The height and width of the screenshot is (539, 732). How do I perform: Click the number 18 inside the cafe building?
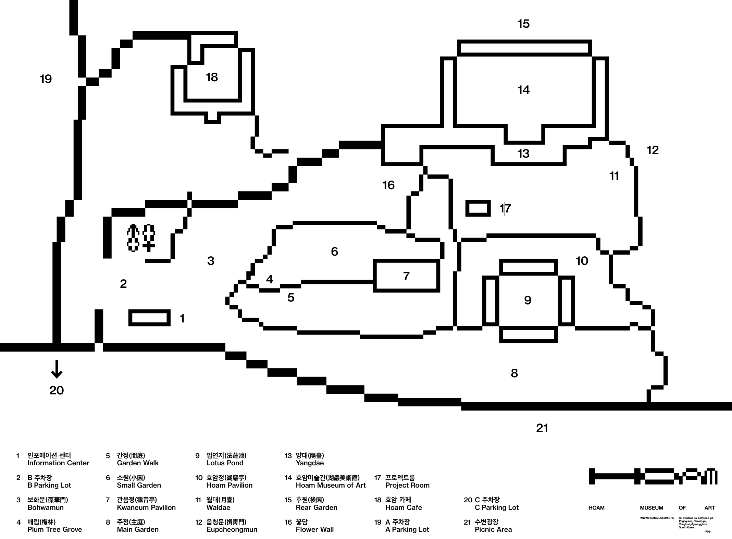212,77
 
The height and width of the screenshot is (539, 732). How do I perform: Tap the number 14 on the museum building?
523,90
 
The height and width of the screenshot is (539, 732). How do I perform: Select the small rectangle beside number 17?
478,208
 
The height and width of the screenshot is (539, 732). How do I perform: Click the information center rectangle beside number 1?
149,318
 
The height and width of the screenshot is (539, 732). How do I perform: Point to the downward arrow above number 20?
57,369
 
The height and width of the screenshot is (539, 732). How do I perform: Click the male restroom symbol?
133,238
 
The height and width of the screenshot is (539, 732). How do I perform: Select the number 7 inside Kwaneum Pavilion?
406,276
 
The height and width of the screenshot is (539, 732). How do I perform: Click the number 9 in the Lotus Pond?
528,301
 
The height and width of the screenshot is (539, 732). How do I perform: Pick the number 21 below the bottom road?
542,428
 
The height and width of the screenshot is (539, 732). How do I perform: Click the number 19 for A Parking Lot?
46,79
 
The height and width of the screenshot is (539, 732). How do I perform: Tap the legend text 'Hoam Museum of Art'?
331,485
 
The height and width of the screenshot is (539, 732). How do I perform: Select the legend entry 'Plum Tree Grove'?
54,529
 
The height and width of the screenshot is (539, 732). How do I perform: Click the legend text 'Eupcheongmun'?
232,529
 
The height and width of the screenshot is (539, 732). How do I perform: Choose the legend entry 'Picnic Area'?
493,529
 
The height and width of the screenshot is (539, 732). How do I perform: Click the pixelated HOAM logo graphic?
653,476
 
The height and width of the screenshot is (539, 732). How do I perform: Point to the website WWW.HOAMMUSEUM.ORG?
657,518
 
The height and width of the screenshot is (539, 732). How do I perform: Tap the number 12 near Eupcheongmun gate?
653,150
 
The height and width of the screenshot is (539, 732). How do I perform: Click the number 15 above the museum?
523,24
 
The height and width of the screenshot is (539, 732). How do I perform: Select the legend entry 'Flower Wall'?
314,529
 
